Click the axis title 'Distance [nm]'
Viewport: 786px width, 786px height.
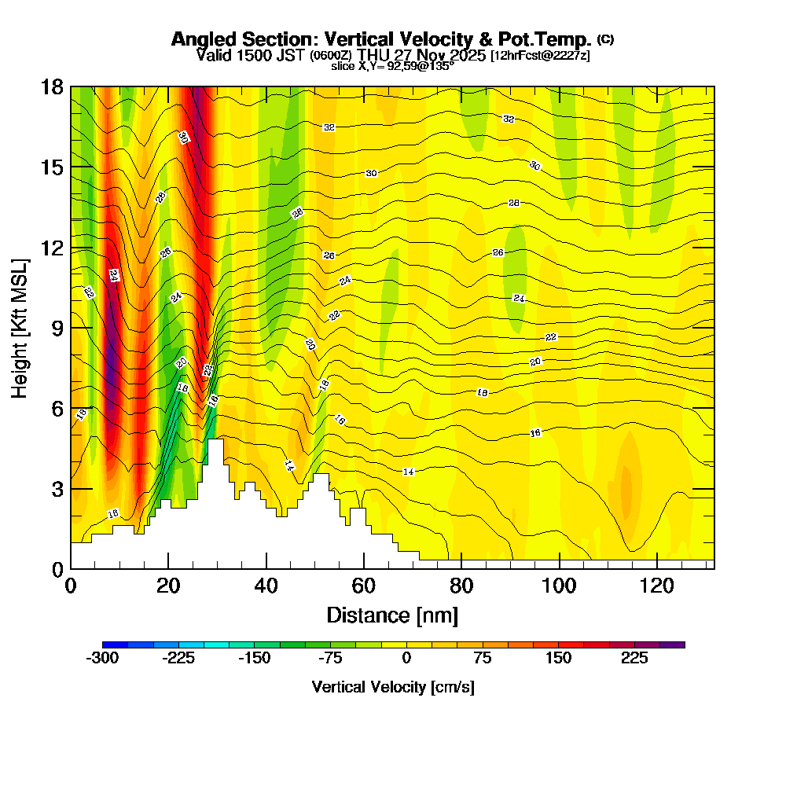coord(392,615)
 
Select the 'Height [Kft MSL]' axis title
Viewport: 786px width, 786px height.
coord(20,327)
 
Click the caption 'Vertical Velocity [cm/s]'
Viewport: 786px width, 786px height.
coord(393,687)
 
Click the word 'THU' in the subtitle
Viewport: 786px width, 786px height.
coord(373,55)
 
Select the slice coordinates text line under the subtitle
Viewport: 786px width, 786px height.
coord(393,67)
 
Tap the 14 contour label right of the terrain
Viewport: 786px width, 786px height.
coord(408,472)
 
